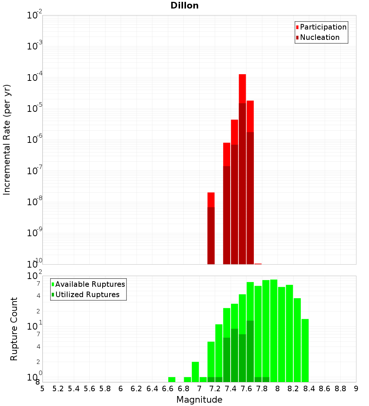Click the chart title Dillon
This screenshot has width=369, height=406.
pyautogui.click(x=184, y=6)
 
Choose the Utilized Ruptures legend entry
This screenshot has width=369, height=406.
pyautogui.click(x=87, y=295)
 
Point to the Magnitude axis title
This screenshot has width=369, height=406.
pyautogui.click(x=199, y=400)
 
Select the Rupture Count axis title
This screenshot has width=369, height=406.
pyautogui.click(x=14, y=329)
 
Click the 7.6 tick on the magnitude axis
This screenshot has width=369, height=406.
pyautogui.click(x=246, y=388)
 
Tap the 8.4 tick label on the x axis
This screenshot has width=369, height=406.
pyautogui.click(x=309, y=388)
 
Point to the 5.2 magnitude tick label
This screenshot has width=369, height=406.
pyautogui.click(x=58, y=388)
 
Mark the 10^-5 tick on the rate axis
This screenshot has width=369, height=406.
pyautogui.click(x=35, y=109)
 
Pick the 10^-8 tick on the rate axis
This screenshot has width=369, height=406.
pyautogui.click(x=35, y=202)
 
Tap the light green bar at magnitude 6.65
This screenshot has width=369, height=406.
pyautogui.click(x=172, y=379)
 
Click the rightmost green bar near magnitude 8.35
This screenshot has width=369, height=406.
pyautogui.click(x=305, y=350)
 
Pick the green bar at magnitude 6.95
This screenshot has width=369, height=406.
pyautogui.click(x=195, y=372)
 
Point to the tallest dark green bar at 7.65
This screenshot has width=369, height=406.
pyautogui.click(x=250, y=351)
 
